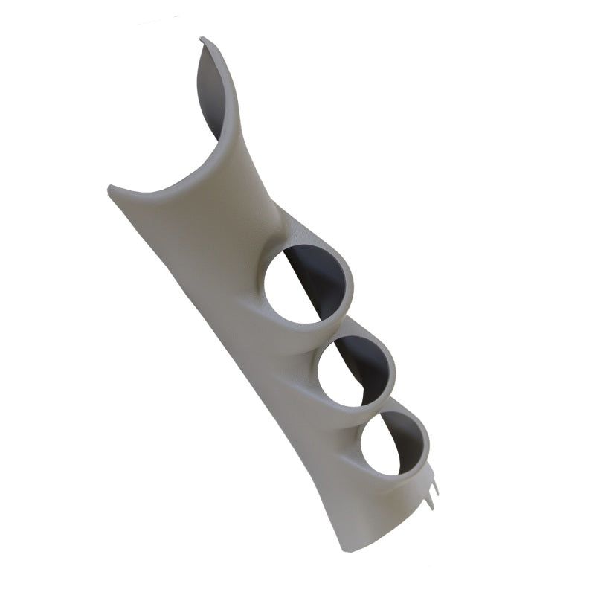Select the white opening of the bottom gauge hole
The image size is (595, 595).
pyautogui.click(x=381, y=449)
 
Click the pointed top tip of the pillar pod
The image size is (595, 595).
pyautogui.click(x=202, y=39)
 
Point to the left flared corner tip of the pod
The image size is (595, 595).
pyautogui.click(x=112, y=187)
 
